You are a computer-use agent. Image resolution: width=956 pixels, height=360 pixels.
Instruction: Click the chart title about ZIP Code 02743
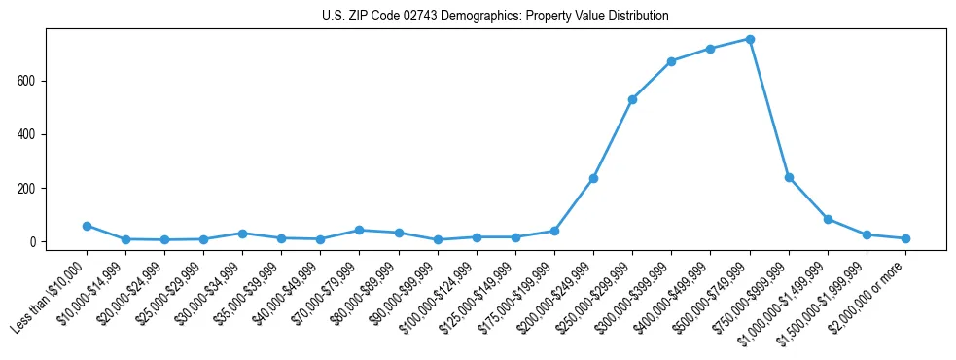(495, 17)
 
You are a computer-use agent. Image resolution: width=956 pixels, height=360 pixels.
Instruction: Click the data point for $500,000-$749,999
(750, 39)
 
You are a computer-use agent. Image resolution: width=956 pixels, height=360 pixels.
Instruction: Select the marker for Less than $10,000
(87, 226)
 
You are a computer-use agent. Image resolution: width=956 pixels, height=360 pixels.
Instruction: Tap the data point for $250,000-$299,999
(632, 99)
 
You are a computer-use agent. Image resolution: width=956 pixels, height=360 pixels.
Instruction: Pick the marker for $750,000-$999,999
(789, 177)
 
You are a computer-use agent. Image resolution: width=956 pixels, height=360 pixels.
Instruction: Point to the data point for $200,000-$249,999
(593, 178)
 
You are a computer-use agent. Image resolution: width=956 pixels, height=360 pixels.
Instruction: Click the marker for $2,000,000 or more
(905, 238)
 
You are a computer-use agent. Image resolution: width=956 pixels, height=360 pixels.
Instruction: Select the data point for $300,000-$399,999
(671, 61)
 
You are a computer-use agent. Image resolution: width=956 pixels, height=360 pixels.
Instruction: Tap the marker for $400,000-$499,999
(710, 49)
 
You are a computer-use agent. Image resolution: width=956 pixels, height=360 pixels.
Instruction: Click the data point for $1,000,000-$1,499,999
(828, 219)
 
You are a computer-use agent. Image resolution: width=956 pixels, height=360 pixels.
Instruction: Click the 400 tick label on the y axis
(27, 134)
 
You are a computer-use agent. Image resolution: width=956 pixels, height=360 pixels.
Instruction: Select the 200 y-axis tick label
(27, 189)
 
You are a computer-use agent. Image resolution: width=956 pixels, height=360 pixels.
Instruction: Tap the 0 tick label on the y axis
(33, 242)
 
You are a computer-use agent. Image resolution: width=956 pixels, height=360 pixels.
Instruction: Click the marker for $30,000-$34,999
(242, 234)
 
